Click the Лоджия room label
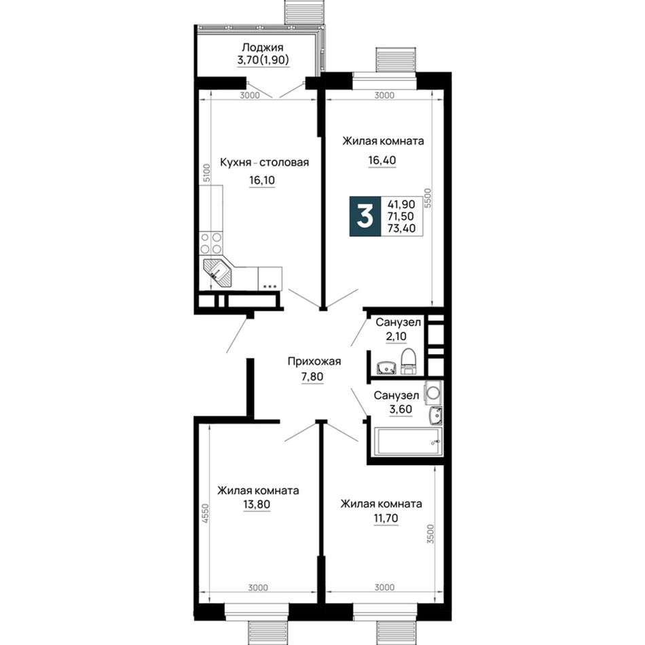pyautogui.click(x=263, y=48)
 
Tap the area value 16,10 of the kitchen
pyautogui.click(x=262, y=180)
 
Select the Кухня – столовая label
pyautogui.click(x=264, y=162)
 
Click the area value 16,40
pyautogui.click(x=382, y=160)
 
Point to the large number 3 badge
pyautogui.click(x=365, y=217)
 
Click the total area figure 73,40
pyautogui.click(x=401, y=228)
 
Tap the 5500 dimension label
pyautogui.click(x=428, y=198)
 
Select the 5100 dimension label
pyautogui.click(x=207, y=172)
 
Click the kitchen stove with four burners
pyautogui.click(x=211, y=242)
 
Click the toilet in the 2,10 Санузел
pyautogui.click(x=409, y=362)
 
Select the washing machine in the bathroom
pyautogui.click(x=434, y=392)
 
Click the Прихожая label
pyautogui.click(x=314, y=362)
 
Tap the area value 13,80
pyautogui.click(x=257, y=504)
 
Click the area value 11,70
pyautogui.click(x=386, y=518)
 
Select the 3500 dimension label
pyautogui.click(x=430, y=534)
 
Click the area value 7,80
pyautogui.click(x=312, y=376)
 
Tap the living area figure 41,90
pyautogui.click(x=401, y=204)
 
